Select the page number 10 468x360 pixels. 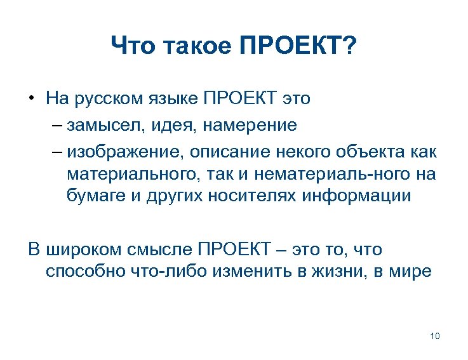pyautogui.click(x=435, y=336)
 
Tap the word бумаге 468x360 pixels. pyautogui.click(x=93, y=196)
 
